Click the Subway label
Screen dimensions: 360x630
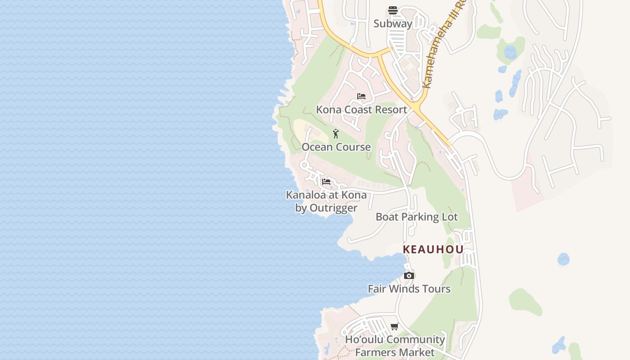(392, 24)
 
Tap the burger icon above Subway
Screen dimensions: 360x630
(393, 10)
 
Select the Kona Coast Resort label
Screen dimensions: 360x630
(361, 109)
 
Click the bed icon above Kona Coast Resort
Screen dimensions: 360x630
(361, 96)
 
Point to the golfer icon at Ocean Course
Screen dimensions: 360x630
(336, 134)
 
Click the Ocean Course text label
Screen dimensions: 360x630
(336, 147)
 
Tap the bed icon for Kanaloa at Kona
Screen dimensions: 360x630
(326, 182)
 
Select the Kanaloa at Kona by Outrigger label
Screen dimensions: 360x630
(326, 201)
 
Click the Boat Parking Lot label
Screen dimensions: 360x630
(417, 217)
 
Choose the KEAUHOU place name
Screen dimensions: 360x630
(433, 249)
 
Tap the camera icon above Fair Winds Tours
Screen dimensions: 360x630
(409, 275)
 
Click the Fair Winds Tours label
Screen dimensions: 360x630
(409, 289)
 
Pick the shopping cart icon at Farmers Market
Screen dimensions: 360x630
(395, 326)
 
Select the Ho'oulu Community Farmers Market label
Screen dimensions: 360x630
(395, 346)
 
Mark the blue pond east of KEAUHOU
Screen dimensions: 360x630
(563, 259)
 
